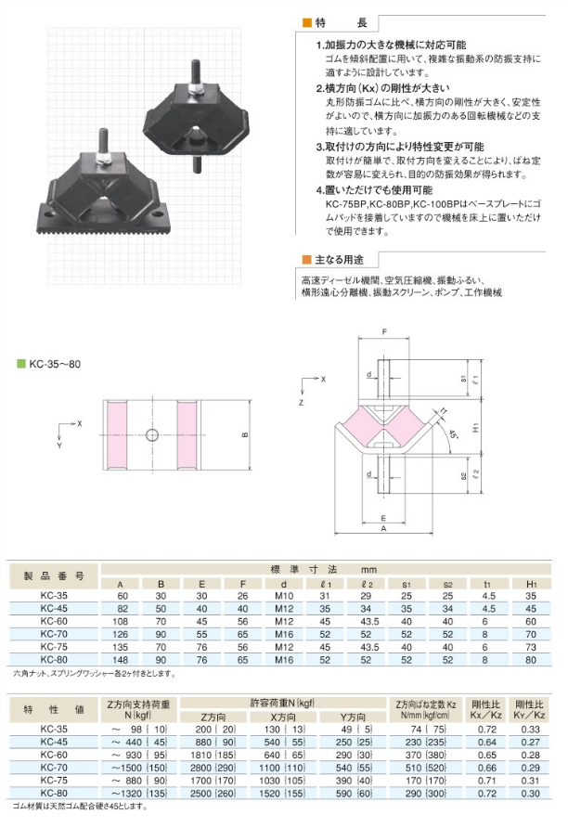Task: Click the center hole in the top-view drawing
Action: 153,434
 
